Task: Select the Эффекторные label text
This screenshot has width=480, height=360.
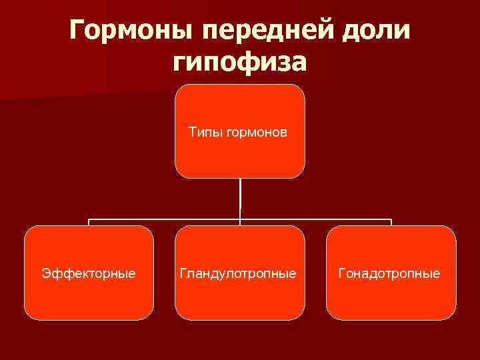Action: tap(89, 273)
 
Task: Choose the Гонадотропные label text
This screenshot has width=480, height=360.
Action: tap(390, 273)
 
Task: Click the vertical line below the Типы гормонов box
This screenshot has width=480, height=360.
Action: tap(240, 197)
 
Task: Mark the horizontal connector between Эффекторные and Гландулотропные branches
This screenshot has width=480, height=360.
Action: tap(163, 219)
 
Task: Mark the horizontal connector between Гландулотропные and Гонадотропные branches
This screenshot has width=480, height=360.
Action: tap(317, 219)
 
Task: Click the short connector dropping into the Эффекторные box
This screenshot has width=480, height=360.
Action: tap(89, 222)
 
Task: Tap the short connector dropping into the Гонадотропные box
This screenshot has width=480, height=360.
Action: tap(391, 222)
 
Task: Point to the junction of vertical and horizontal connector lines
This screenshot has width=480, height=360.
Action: tap(240, 219)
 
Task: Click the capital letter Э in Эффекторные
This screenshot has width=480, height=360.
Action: tap(45, 273)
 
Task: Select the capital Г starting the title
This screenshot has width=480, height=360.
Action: tap(78, 31)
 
